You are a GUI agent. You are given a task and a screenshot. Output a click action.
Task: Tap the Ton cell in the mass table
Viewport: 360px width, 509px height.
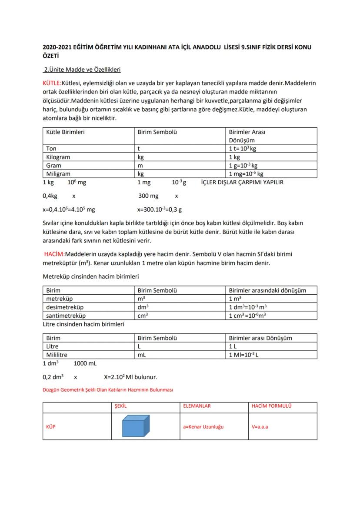[51, 149]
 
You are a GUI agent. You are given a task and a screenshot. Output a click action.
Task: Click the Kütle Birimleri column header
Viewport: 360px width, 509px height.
[65, 132]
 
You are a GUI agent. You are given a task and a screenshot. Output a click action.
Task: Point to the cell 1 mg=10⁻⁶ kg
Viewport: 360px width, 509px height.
[246, 173]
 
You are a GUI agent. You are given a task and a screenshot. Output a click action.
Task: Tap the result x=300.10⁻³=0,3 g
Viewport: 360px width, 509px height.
[160, 209]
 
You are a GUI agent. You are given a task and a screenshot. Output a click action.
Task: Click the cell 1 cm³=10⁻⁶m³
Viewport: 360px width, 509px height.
[247, 315]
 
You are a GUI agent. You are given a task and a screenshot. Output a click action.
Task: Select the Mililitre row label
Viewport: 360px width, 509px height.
[57, 355]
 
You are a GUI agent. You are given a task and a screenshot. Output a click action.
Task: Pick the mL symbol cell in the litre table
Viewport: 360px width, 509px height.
[141, 355]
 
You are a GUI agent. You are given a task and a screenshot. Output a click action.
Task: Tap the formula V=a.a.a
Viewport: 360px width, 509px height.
[260, 426]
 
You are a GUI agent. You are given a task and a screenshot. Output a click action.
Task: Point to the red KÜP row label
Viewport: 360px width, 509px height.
[51, 426]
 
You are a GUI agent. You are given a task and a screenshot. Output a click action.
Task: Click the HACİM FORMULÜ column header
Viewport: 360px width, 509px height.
[271, 406]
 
